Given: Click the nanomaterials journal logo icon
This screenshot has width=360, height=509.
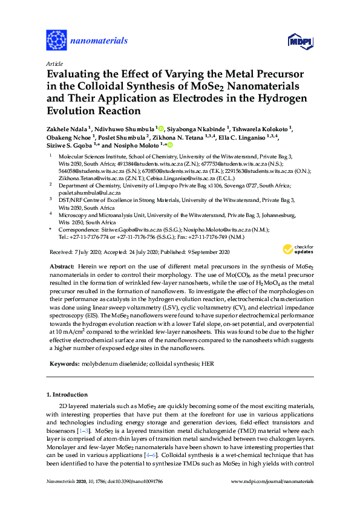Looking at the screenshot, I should point(56,40).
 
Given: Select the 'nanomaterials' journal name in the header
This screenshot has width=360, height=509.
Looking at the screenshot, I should point(99,41).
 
